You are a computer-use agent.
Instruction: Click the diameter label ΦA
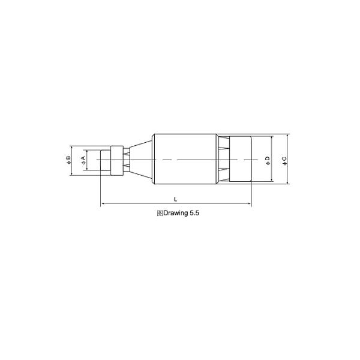click(83, 160)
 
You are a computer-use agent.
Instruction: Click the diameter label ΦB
click(68, 160)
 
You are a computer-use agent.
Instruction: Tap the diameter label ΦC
click(284, 161)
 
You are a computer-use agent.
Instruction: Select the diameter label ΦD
click(268, 161)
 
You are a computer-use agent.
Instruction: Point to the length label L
click(175, 199)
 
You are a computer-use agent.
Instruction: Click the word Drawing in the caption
click(175, 213)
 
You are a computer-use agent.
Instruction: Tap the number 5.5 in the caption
click(194, 213)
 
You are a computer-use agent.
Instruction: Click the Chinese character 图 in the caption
click(160, 213)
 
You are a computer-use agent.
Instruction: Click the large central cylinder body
click(185, 159)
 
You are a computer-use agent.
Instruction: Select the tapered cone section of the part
click(141, 160)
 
